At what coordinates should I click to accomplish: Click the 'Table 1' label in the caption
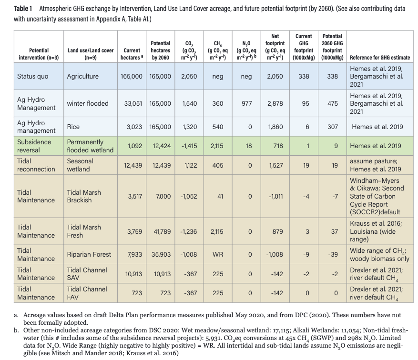tap(23, 9)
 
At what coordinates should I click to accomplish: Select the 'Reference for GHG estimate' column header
tap(380, 58)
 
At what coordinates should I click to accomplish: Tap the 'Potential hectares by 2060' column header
tap(161, 50)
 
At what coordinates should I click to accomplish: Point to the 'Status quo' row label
tap(32, 76)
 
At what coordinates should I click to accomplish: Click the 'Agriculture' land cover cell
tap(82, 76)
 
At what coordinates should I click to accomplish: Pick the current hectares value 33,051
tap(133, 103)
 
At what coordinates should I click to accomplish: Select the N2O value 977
tap(246, 103)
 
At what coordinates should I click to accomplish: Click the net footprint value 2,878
tap(275, 103)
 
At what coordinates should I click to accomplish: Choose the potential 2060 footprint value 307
tap(332, 127)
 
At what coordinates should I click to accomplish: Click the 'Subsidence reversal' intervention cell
tap(34, 146)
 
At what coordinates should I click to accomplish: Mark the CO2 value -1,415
tap(189, 146)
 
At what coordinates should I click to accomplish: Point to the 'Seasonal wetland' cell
tap(80, 165)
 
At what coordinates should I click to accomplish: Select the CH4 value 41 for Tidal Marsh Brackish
tap(220, 196)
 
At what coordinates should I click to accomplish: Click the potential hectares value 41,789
tap(162, 231)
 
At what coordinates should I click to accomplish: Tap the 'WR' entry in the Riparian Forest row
tap(218, 254)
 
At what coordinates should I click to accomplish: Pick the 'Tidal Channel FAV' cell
tap(87, 293)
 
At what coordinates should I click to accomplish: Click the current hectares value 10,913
tap(133, 274)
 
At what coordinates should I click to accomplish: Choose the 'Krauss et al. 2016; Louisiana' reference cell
tap(376, 231)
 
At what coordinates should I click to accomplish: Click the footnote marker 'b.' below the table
tap(16, 330)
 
